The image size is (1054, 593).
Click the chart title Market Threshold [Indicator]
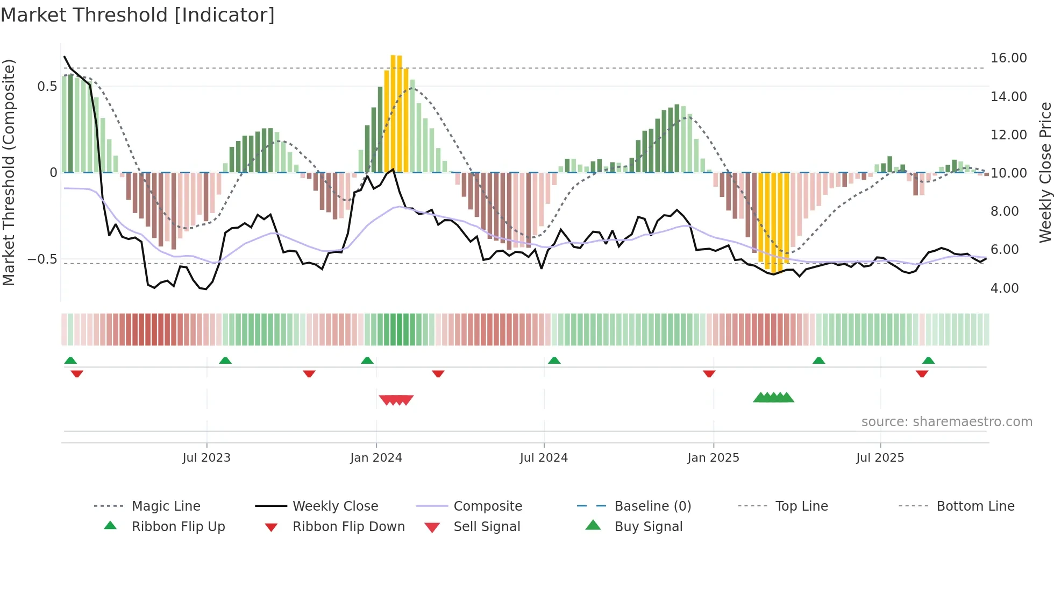click(x=138, y=15)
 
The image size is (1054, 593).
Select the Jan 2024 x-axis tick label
click(x=376, y=457)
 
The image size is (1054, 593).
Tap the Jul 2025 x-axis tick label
click(x=880, y=457)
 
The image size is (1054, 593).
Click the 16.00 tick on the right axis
click(x=1008, y=58)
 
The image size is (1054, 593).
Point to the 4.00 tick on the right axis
click(x=1004, y=288)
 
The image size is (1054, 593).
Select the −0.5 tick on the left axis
click(x=42, y=259)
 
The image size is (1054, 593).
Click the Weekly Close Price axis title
click(x=1044, y=172)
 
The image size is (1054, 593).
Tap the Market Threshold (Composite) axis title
click(x=9, y=172)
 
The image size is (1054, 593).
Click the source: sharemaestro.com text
click(x=946, y=421)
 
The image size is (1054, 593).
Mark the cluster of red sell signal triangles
click(x=396, y=400)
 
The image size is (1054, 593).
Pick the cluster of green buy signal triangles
click(x=773, y=398)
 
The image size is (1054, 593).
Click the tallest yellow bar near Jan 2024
click(x=393, y=113)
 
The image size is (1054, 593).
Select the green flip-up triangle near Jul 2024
click(x=554, y=360)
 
